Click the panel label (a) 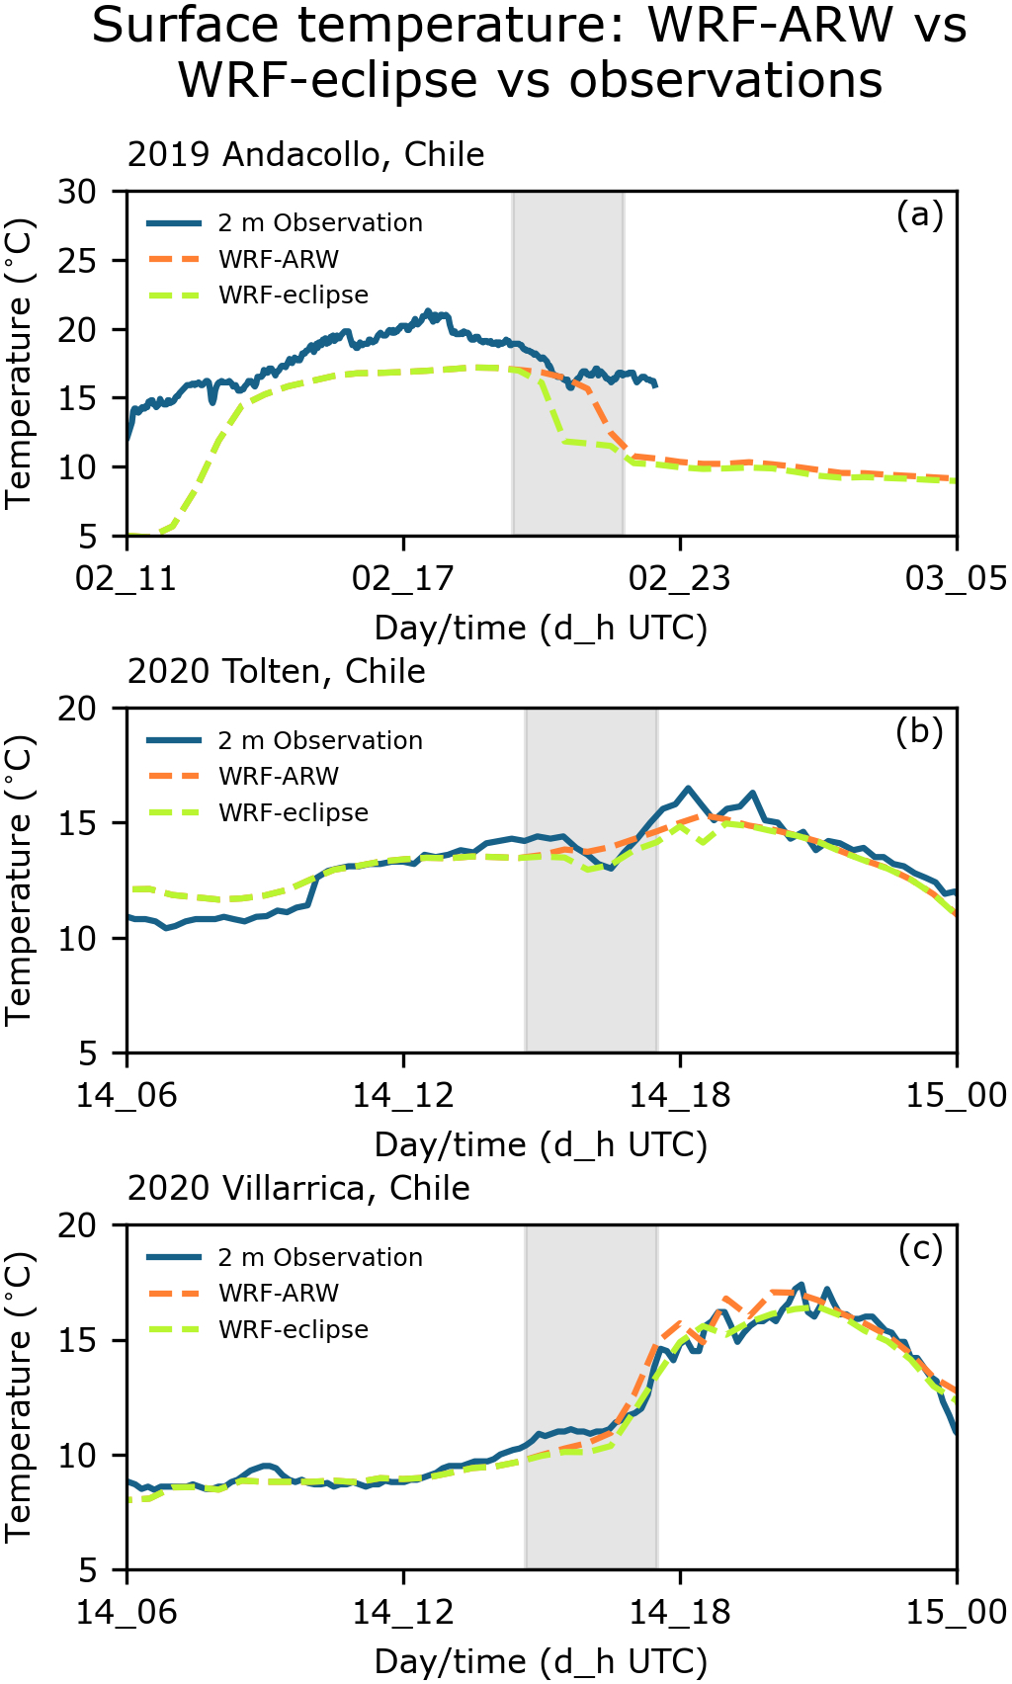[x=919, y=214]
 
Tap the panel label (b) [x=919, y=731]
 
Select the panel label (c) [x=920, y=1249]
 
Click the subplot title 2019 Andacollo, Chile [x=305, y=155]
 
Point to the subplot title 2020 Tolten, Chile [x=276, y=672]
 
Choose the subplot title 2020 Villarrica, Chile [x=298, y=1188]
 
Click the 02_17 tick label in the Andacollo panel [x=403, y=578]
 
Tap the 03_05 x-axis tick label [x=956, y=578]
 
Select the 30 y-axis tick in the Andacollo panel [x=77, y=192]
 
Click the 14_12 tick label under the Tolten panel [x=403, y=1095]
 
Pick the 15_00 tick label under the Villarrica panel [x=956, y=1612]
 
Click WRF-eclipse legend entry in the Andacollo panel [x=293, y=295]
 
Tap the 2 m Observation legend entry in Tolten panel [x=319, y=741]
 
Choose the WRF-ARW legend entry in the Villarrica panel [x=278, y=1294]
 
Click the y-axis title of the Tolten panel [x=20, y=881]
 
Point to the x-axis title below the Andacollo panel [x=541, y=629]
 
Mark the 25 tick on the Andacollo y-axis [x=77, y=261]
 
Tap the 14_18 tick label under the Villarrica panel [x=680, y=1612]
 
